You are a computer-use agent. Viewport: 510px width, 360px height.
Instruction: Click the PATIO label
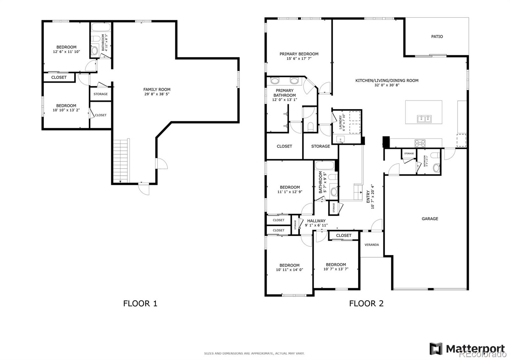point(437,37)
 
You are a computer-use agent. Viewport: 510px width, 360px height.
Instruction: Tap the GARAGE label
point(430,219)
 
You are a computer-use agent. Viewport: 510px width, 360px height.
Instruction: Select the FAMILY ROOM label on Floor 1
point(157,90)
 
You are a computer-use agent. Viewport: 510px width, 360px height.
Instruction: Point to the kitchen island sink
point(424,119)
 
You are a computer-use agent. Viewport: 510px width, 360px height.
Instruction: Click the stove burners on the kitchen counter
point(420,143)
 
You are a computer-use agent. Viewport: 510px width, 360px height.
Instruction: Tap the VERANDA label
point(372,245)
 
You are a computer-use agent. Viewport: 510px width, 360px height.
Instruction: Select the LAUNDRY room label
point(340,123)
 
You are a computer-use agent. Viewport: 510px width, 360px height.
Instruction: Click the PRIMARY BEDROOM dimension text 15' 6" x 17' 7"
point(299,59)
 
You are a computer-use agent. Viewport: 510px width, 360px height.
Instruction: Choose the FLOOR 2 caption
point(366,303)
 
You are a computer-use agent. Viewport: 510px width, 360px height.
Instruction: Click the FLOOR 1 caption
point(140,303)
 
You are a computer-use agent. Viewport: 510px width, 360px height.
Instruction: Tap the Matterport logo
point(467,348)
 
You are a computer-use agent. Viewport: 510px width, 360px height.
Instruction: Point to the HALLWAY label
point(316,221)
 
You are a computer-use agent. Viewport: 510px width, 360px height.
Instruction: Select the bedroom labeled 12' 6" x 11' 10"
point(66,49)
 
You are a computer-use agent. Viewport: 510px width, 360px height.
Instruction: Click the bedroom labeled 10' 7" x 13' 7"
point(336,267)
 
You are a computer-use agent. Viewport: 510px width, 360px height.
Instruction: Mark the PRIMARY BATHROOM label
point(284,93)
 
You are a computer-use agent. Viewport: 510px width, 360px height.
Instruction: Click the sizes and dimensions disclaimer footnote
point(254,353)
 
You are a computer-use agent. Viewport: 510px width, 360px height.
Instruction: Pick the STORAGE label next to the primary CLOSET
point(320,146)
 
